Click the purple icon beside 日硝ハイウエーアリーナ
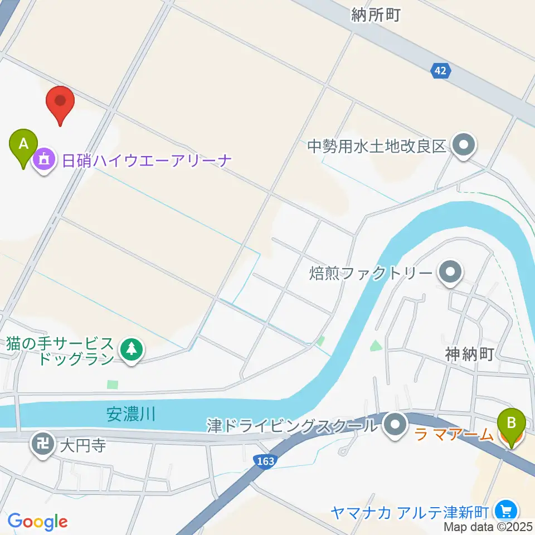click(x=44, y=161)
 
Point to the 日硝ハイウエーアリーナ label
click(x=147, y=161)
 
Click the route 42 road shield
click(x=441, y=70)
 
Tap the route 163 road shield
click(x=265, y=461)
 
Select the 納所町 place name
click(x=376, y=15)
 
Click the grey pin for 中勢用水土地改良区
click(x=463, y=146)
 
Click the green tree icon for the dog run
click(x=132, y=350)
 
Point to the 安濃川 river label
click(x=130, y=415)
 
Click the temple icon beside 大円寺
click(x=43, y=445)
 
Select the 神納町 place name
click(x=469, y=354)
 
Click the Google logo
click(x=37, y=522)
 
